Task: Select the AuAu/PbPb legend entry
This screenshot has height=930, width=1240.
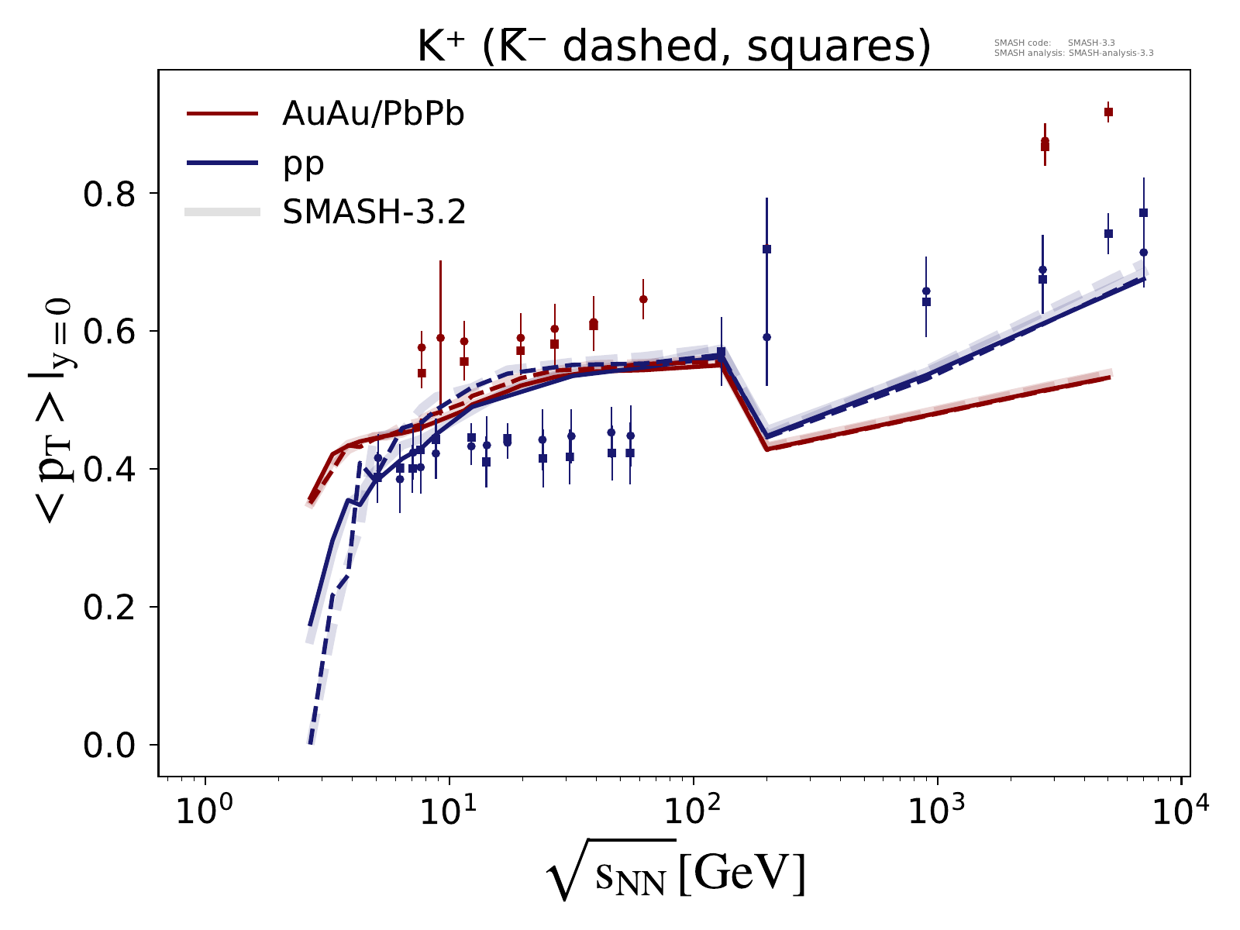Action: [x=373, y=114]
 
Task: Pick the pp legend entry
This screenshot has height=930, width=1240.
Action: [x=303, y=163]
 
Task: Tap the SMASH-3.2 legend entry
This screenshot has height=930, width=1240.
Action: [x=374, y=212]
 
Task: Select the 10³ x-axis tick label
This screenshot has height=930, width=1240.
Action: [x=939, y=811]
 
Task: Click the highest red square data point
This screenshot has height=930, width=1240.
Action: [x=1108, y=112]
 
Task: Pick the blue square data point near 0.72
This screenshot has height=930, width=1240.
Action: [x=766, y=249]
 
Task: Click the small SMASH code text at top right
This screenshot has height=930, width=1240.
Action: [x=1073, y=48]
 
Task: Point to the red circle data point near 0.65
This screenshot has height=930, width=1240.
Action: [x=643, y=299]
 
